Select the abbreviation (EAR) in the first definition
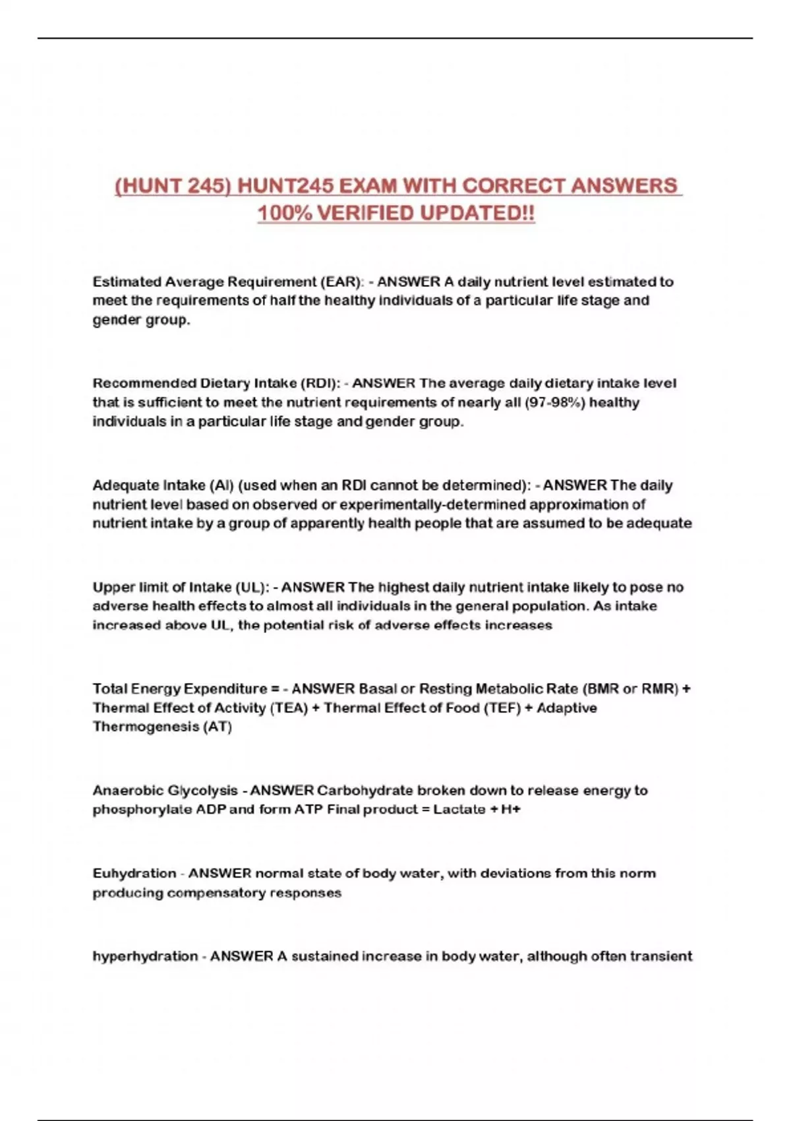pyautogui.click(x=341, y=282)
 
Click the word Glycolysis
pyautogui.click(x=202, y=791)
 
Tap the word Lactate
pyautogui.click(x=459, y=810)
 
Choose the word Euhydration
pyautogui.click(x=134, y=874)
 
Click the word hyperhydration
pyautogui.click(x=145, y=957)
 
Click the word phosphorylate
pyautogui.click(x=142, y=810)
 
